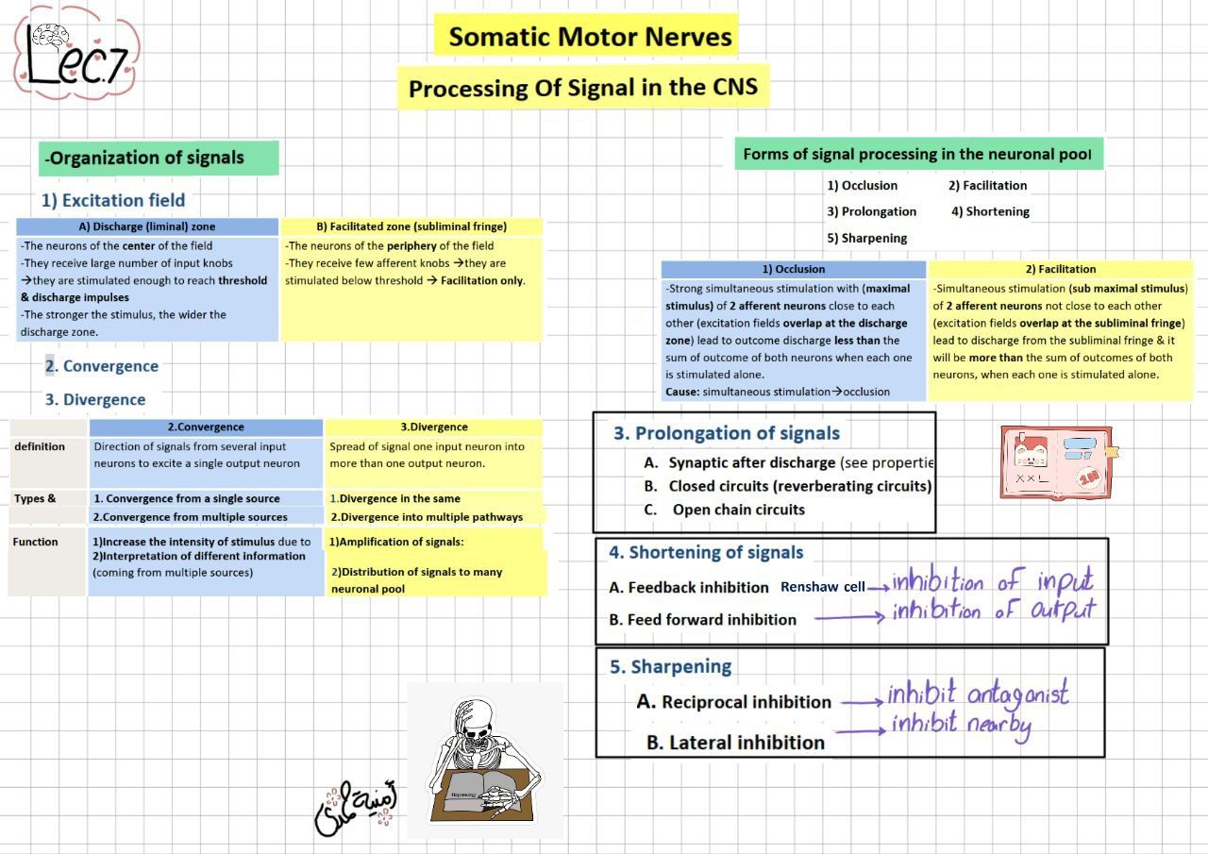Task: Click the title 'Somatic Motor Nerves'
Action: [x=590, y=37]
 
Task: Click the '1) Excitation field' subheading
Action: [x=113, y=200]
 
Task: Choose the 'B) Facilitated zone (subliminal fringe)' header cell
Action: [x=411, y=226]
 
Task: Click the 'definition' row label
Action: [x=40, y=446]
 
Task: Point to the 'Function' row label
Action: [x=36, y=542]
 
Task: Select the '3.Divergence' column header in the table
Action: [x=433, y=427]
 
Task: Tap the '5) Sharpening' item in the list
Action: [x=866, y=238]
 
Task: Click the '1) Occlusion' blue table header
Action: [x=793, y=269]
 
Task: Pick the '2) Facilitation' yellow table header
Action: [x=1060, y=269]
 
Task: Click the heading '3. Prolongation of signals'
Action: [x=726, y=433]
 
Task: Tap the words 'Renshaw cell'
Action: [x=822, y=587]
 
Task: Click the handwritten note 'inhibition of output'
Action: [x=993, y=611]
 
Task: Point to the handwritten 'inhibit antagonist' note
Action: [x=977, y=695]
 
